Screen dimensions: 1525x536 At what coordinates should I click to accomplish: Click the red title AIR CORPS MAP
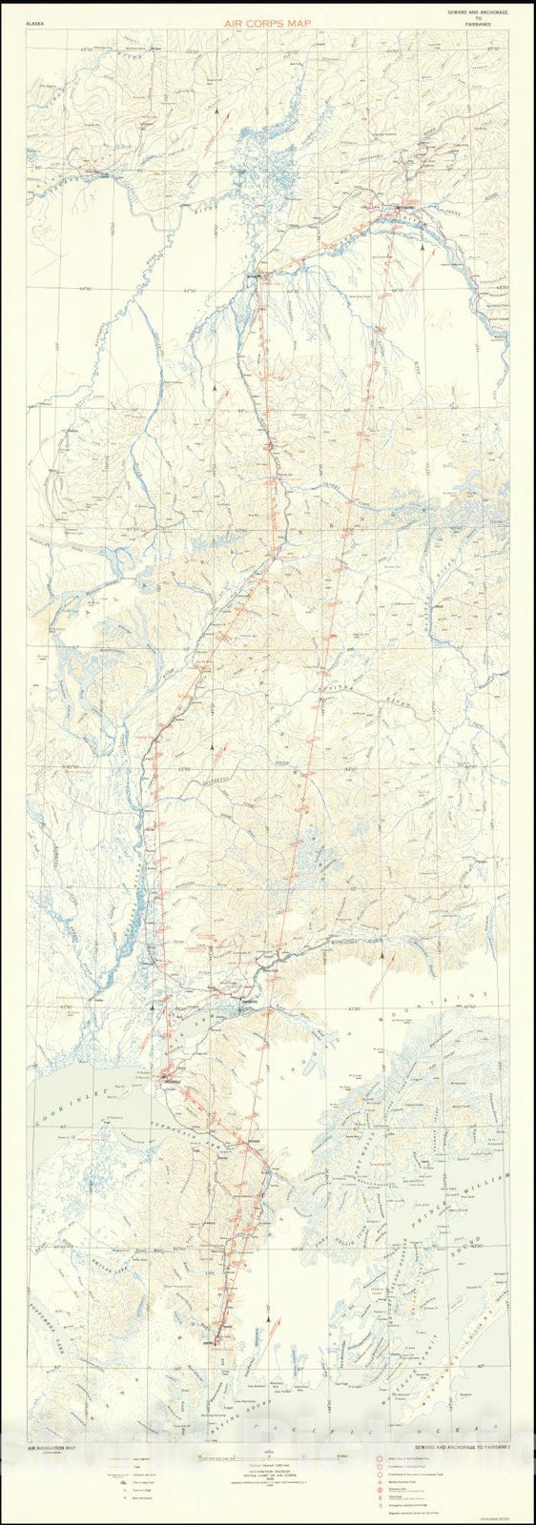click(x=267, y=17)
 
